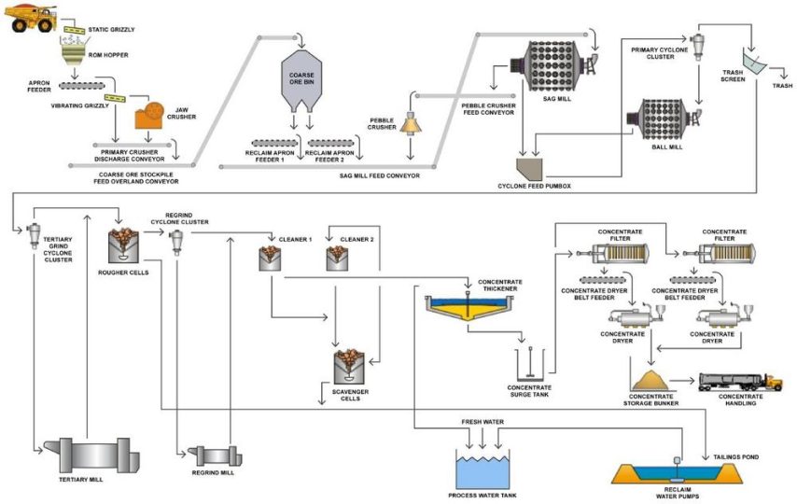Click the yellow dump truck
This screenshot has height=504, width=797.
(32, 18)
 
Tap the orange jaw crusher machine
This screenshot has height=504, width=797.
(147, 116)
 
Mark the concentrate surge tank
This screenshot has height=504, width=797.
(529, 366)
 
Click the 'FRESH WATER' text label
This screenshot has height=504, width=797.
(482, 422)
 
